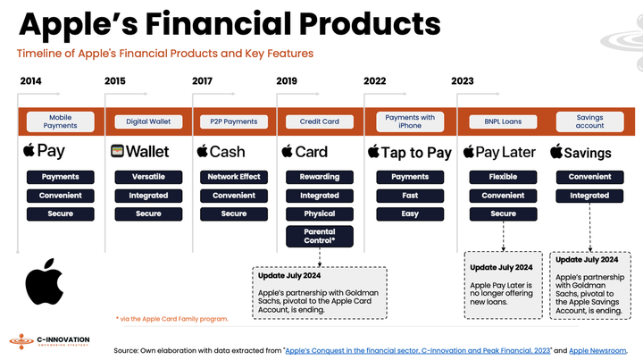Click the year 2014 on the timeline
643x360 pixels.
pos(31,81)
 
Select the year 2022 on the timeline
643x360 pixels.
pos(375,81)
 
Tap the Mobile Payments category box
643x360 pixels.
pos(60,121)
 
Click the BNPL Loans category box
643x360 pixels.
pos(503,121)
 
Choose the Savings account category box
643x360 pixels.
pos(589,121)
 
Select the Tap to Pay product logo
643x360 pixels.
pos(410,153)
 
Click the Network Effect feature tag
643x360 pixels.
pos(234,177)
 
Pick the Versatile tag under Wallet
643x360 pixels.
pos(148,177)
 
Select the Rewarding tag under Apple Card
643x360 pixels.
pos(319,177)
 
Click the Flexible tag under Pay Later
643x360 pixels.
pos(503,177)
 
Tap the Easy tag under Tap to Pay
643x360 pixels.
pos(410,213)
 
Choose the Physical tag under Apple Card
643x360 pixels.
pos(319,213)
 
